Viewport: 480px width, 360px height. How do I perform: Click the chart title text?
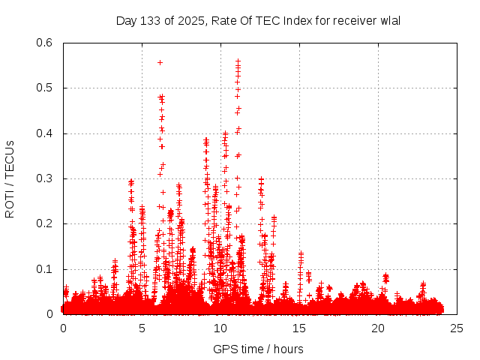(x=258, y=20)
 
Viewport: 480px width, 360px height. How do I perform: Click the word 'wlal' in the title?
(x=389, y=20)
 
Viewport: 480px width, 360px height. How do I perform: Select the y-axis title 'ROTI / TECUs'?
(x=10, y=178)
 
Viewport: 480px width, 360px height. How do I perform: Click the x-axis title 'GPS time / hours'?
(x=258, y=349)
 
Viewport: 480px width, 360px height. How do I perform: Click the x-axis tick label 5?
(x=142, y=328)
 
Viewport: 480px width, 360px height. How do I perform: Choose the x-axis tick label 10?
(x=220, y=328)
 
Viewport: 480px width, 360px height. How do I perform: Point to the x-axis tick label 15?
(x=299, y=328)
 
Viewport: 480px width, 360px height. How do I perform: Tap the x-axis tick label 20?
(x=378, y=328)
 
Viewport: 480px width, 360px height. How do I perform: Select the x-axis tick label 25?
(x=457, y=328)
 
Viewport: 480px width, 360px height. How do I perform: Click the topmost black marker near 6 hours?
(x=160, y=62)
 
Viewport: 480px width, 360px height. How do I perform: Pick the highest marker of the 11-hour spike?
(x=238, y=61)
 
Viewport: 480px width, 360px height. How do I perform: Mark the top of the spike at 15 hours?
(x=301, y=253)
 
